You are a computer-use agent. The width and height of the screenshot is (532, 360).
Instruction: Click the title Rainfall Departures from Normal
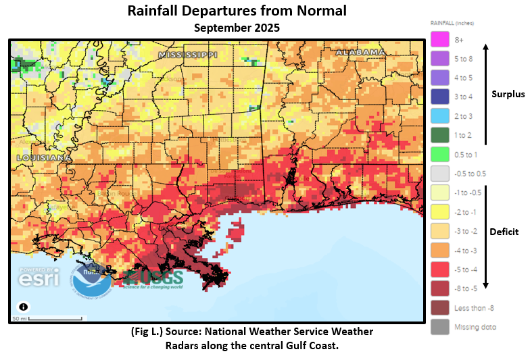coord(237,11)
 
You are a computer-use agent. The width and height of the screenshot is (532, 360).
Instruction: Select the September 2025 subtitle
coord(237,28)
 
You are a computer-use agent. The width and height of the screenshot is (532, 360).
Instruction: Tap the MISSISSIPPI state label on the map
coord(188,54)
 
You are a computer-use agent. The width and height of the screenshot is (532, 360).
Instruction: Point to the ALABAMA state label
coord(360,52)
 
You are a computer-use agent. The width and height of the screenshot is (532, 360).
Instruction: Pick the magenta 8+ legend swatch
coord(440,40)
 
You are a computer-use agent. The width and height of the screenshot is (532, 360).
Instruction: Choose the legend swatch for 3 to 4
coord(440,97)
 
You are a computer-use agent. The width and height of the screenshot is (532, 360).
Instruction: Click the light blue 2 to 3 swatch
coord(440,116)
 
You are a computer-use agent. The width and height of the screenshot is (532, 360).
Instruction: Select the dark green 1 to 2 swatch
coord(440,135)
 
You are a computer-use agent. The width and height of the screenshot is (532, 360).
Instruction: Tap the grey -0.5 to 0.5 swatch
coord(440,174)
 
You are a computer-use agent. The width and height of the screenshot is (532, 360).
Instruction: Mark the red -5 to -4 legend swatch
coord(440,269)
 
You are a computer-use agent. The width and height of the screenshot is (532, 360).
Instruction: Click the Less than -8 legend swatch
coord(440,308)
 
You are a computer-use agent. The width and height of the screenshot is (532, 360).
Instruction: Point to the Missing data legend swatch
coord(440,327)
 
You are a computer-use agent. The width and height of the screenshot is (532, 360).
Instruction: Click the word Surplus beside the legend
coord(508,95)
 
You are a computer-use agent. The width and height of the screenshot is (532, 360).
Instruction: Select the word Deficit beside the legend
coord(505,232)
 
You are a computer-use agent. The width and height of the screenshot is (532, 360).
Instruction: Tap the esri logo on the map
coord(39,276)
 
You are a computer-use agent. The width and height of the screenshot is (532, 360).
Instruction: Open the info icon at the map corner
coord(24,306)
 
